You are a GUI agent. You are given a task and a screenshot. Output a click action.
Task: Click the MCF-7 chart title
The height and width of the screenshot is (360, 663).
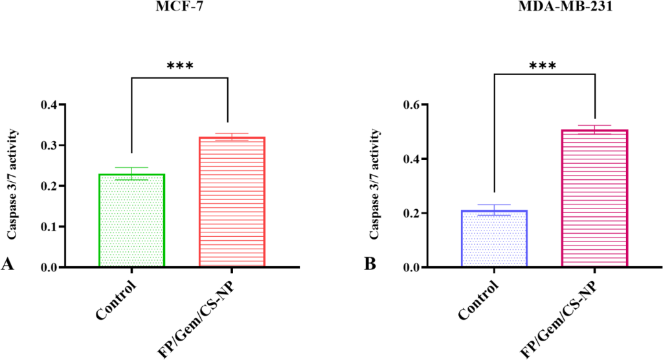point(179,6)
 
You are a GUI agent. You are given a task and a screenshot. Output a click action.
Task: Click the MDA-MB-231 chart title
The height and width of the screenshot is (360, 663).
point(566,6)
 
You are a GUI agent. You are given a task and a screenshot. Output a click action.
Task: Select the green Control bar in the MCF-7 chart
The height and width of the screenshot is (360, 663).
point(131,220)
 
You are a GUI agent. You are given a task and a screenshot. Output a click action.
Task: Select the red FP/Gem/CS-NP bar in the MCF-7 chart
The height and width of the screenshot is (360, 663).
point(232,202)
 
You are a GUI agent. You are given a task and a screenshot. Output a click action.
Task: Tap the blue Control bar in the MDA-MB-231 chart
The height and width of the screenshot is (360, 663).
point(494,238)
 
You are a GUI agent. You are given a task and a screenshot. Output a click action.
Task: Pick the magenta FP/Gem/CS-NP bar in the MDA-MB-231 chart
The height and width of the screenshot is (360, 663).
point(594,198)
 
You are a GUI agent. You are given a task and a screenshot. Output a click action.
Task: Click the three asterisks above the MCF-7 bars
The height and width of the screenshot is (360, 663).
point(180,66)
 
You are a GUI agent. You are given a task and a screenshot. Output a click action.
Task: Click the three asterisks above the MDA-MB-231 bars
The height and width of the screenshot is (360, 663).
point(543,65)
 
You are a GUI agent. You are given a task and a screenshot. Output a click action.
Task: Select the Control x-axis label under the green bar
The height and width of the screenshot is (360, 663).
point(117,300)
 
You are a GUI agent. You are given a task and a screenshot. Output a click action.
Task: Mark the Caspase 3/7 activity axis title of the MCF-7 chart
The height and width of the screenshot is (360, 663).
point(12,185)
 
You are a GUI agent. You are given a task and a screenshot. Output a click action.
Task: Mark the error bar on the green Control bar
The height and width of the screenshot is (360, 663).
point(131,174)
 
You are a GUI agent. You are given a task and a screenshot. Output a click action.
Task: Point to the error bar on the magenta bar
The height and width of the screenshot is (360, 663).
point(594,129)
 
